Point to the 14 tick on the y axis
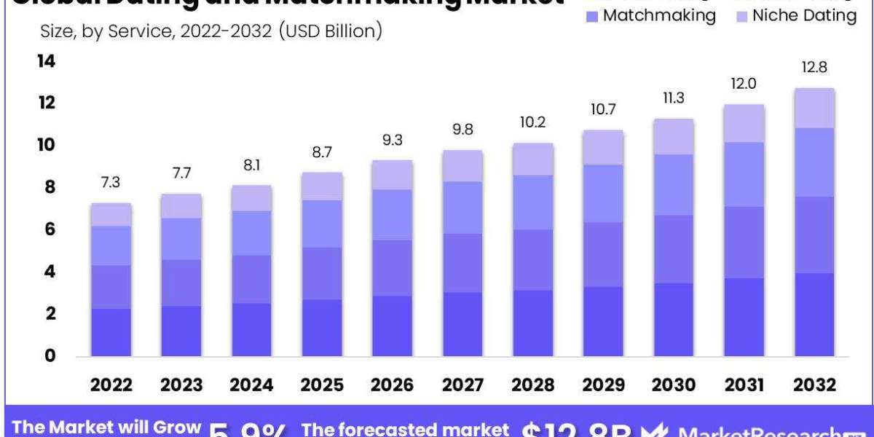tap(46, 62)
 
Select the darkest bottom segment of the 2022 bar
tap(111, 332)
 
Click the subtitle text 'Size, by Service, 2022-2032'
tap(146, 31)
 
